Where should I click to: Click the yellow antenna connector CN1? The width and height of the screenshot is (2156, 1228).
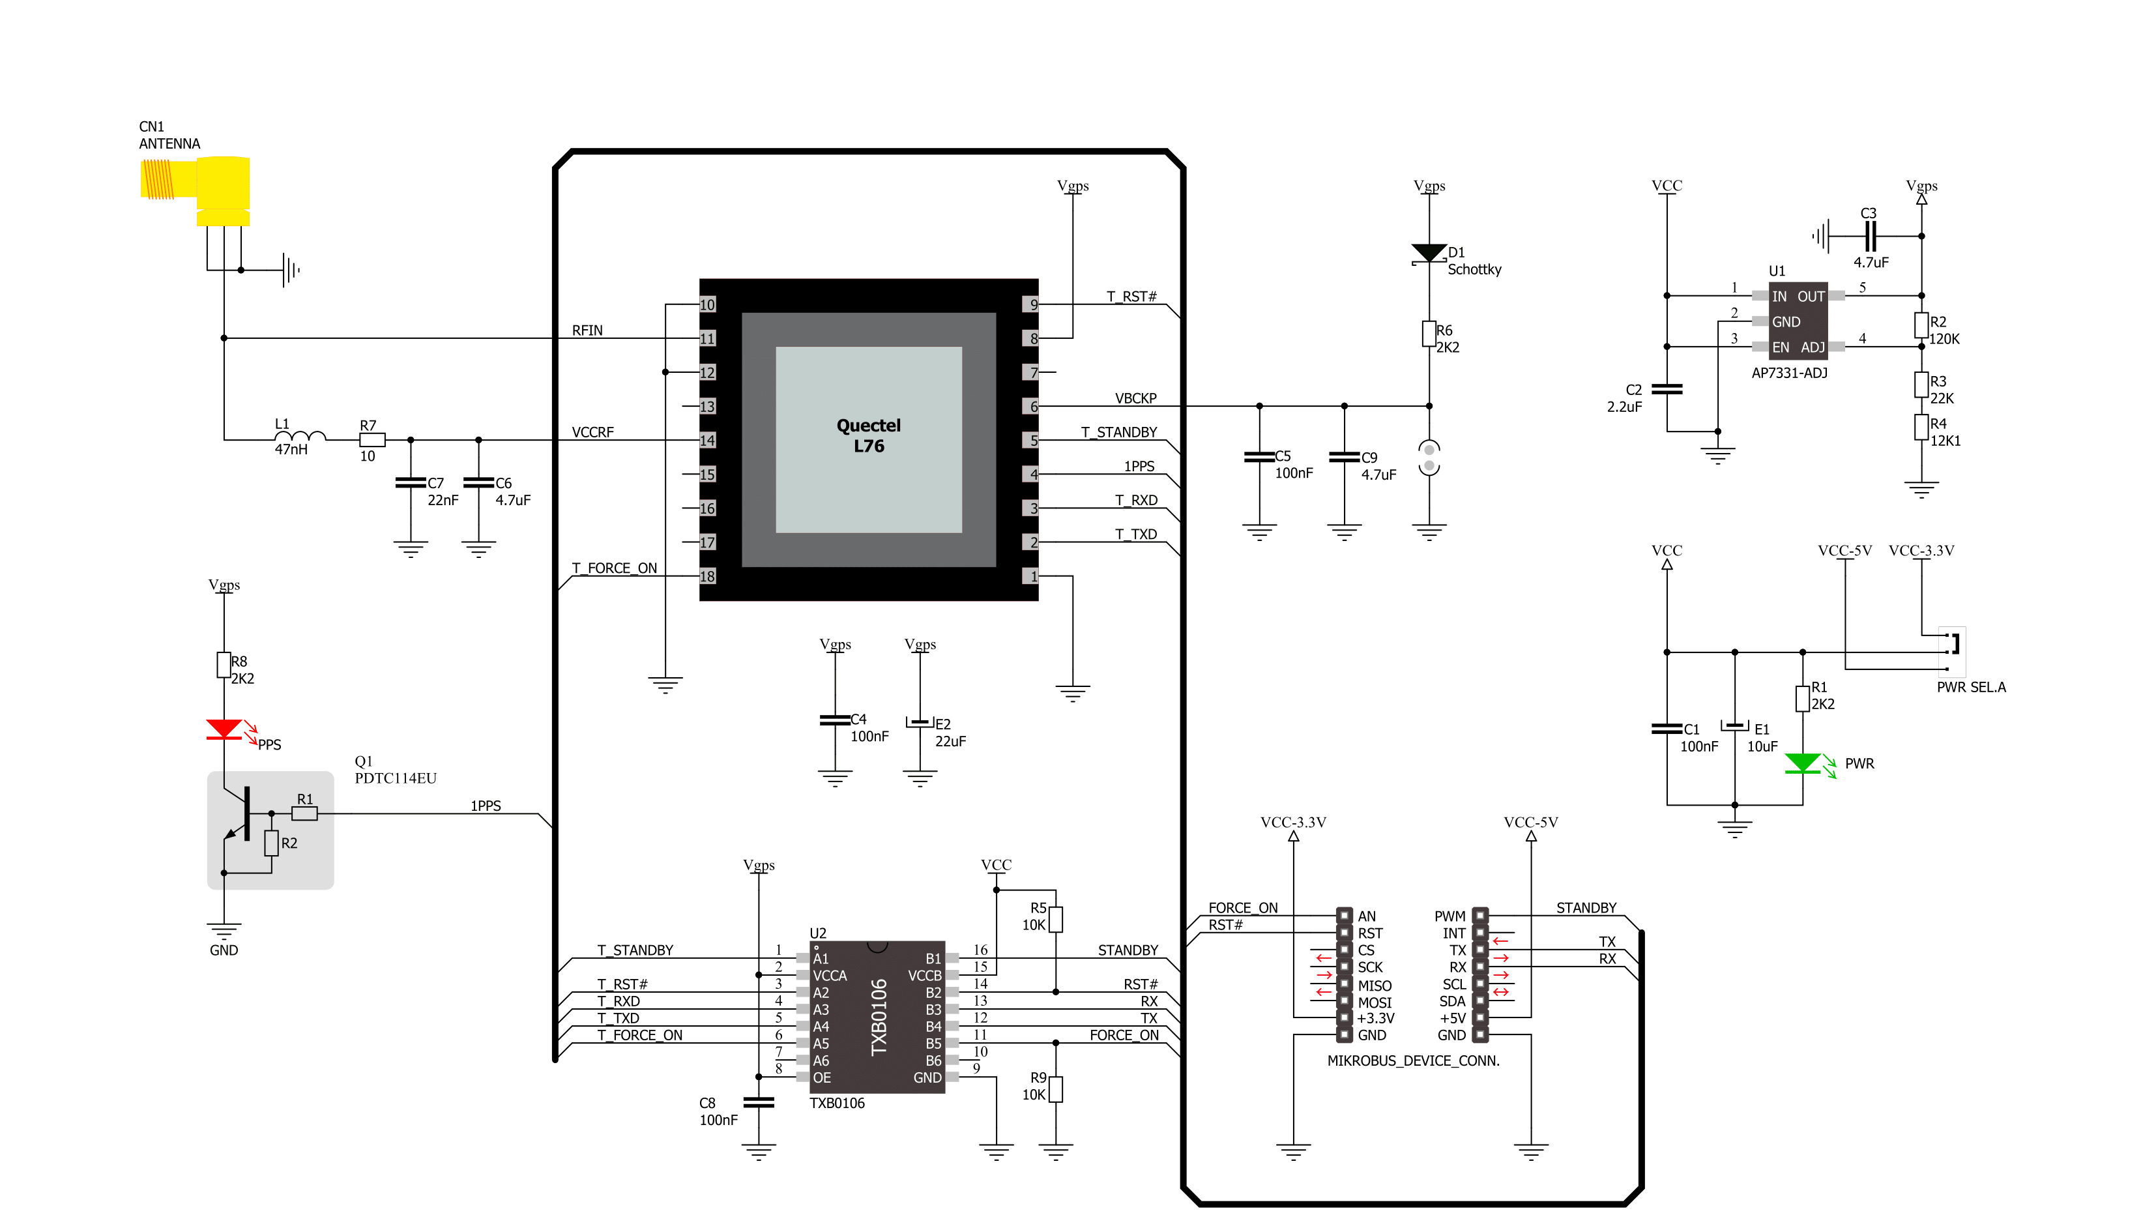pyautogui.click(x=196, y=190)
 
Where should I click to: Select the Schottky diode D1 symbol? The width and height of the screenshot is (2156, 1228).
pyautogui.click(x=1429, y=253)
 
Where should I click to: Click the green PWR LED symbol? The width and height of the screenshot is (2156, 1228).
pyautogui.click(x=1802, y=763)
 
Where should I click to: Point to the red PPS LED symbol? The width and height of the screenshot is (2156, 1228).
pyautogui.click(x=224, y=729)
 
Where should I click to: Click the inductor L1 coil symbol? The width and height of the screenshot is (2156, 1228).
pyautogui.click(x=300, y=436)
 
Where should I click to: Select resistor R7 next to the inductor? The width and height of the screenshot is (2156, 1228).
pyautogui.click(x=372, y=439)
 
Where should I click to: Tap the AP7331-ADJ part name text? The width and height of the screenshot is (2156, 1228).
pyautogui.click(x=1788, y=373)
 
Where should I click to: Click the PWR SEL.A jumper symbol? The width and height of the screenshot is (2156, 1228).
pyautogui.click(x=1952, y=652)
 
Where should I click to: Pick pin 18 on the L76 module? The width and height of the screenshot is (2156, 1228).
pyautogui.click(x=707, y=576)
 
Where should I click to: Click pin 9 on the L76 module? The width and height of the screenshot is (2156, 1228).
pyautogui.click(x=1030, y=304)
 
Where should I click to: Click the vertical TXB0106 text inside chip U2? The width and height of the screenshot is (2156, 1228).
pyautogui.click(x=879, y=1016)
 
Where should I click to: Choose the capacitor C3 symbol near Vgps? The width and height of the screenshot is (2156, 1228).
pyautogui.click(x=1869, y=236)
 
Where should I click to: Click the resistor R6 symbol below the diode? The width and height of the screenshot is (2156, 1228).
pyautogui.click(x=1429, y=334)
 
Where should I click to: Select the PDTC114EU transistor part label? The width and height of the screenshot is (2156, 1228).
pyautogui.click(x=396, y=778)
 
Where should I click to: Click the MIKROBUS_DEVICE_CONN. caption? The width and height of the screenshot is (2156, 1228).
pyautogui.click(x=1413, y=1061)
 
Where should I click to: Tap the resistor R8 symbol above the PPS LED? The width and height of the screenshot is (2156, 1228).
pyautogui.click(x=224, y=665)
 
